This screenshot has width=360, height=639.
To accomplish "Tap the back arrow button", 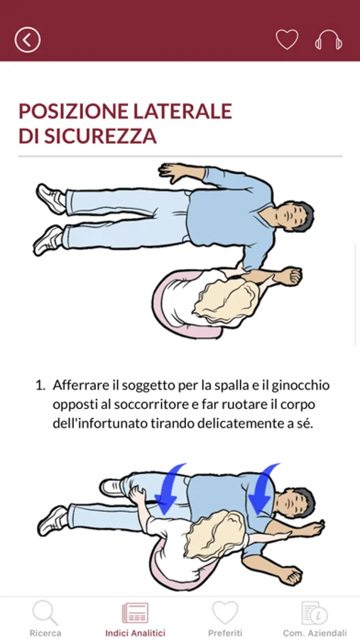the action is pos(28,40).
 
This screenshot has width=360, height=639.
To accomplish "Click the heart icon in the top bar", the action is pos(287,40).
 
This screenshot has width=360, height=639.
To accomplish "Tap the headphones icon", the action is pos(328,40).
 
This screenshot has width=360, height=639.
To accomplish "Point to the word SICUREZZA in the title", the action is pos(100,136).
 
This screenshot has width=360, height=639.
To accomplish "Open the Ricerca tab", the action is pos(45,618).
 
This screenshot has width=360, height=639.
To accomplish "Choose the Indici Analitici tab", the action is pos(136,618).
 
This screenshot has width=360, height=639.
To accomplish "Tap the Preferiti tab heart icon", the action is pos(225,613).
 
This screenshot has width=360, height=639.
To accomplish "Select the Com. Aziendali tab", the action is pos(315,618).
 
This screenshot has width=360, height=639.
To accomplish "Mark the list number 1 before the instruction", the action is pos(40,386).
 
